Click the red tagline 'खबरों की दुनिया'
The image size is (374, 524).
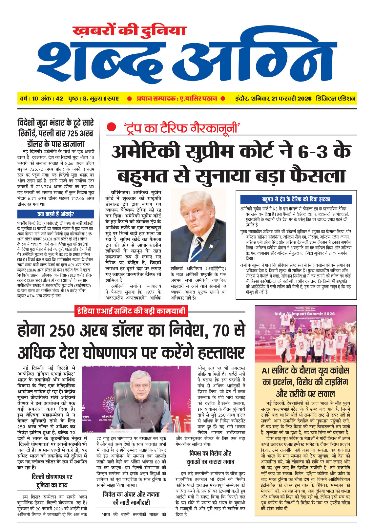tap(129, 31)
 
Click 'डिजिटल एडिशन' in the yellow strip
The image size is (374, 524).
tap(335, 99)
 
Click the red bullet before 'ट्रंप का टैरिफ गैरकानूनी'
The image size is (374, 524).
tap(111, 127)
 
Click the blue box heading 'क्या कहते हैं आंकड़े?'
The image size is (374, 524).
tap(55, 214)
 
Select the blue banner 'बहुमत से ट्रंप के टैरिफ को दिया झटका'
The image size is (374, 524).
tap(296, 199)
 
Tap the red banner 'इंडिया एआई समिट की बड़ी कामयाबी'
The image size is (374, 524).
tap(131, 310)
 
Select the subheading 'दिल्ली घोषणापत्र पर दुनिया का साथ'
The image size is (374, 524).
tap(52, 481)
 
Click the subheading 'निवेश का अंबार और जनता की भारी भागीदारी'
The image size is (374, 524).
tap(131, 498)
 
